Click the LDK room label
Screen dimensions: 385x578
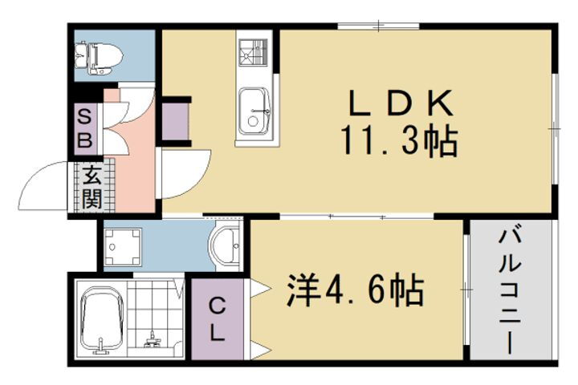(401, 104)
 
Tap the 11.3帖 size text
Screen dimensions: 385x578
(398, 143)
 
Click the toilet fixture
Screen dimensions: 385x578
(98, 55)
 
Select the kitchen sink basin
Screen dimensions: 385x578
(254, 111)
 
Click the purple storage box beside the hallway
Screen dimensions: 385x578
(173, 120)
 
